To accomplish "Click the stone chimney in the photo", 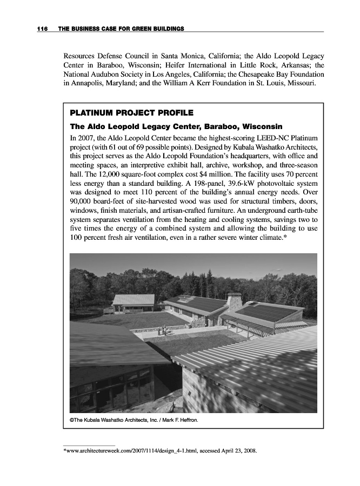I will pyautogui.click(x=234, y=302).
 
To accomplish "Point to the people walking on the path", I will pyautogui.click(x=162, y=330).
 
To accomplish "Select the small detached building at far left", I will pyautogui.click(x=132, y=303).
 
